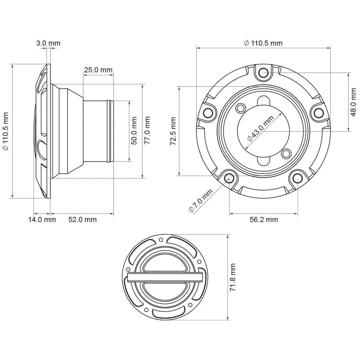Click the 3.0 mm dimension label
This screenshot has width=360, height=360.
coord(48,43)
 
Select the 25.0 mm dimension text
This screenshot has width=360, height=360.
coord(98,70)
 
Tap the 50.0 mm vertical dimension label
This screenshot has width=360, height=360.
coord(134,130)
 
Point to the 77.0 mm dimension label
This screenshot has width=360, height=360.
coord(147,130)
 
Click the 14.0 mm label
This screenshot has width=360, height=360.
coord(42,220)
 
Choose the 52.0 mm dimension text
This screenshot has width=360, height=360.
coord(82,220)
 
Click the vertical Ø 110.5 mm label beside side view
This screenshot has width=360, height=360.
coord(5,131)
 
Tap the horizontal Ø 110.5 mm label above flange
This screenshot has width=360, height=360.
coord(263,43)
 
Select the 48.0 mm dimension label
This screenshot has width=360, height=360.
coord(354,102)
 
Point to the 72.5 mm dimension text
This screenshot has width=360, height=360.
coord(173,131)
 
